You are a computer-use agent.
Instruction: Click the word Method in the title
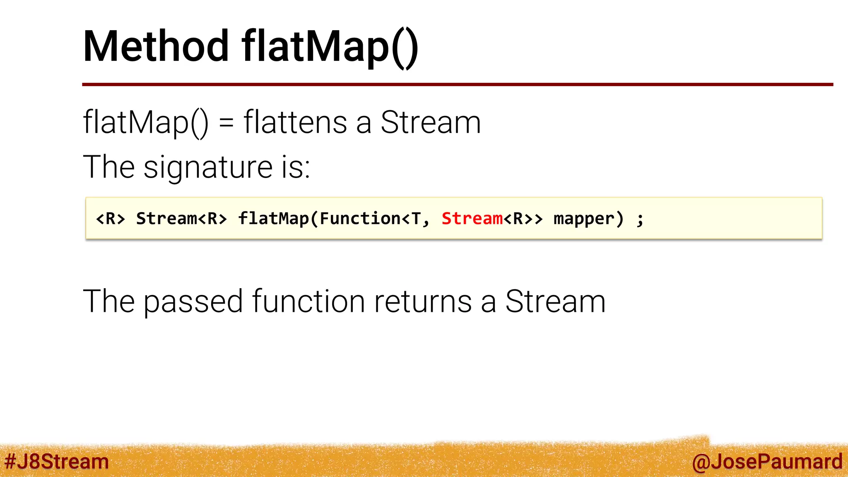pos(156,46)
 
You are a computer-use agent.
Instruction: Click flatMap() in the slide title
pos(330,47)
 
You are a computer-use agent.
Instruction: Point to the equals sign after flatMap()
pos(226,123)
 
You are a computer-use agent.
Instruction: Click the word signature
pos(208,167)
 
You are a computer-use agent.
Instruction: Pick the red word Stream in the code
pos(472,218)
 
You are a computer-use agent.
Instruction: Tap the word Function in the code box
pos(360,218)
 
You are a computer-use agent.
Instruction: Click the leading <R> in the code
pos(110,218)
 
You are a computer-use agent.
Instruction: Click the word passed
pos(193,301)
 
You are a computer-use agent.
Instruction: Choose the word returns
pos(423,301)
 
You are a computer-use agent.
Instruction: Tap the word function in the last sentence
pos(308,301)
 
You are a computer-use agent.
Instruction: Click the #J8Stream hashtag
pos(57,462)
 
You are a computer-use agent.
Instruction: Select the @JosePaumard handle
pos(767,462)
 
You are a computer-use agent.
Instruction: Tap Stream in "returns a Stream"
pos(555,301)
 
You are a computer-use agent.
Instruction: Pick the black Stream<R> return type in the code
pos(182,218)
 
